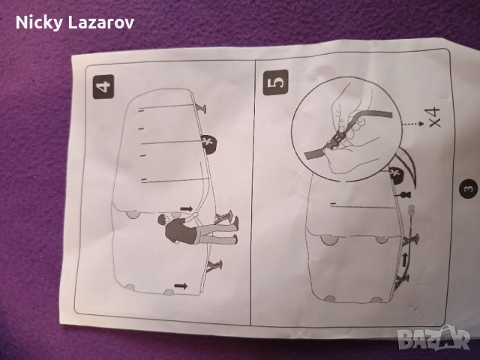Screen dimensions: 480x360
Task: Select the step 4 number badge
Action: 103,87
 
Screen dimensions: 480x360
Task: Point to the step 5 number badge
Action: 275,82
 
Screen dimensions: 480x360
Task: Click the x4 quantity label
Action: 434,117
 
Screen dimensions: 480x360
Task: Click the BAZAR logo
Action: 436,337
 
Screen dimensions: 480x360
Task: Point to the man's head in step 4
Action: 163,220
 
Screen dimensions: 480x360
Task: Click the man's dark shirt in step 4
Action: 178,231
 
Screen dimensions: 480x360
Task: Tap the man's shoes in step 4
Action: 235,230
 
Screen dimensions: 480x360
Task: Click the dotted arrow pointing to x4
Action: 412,124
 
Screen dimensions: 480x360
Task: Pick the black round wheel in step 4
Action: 210,144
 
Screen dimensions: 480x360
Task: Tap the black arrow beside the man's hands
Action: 186,208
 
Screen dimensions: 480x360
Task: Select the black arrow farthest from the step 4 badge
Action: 181,286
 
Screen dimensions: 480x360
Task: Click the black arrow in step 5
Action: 405,260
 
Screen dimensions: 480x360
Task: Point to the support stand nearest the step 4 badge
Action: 201,108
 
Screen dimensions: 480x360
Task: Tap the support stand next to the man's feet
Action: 222,217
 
